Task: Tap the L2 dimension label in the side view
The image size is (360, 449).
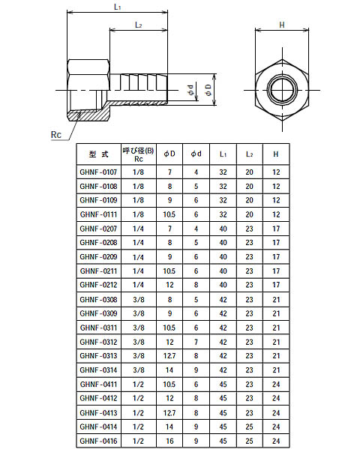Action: pyautogui.click(x=138, y=25)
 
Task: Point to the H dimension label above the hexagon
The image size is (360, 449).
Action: pyautogui.click(x=282, y=25)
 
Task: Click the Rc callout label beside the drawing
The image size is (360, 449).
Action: pyautogui.click(x=55, y=135)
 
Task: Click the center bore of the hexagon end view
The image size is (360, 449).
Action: pyautogui.click(x=282, y=90)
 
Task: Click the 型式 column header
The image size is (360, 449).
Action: pyautogui.click(x=98, y=154)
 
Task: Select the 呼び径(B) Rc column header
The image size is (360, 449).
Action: pyautogui.click(x=138, y=154)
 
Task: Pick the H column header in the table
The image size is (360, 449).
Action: pyautogui.click(x=276, y=154)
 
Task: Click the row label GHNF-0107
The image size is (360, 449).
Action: pyautogui.click(x=98, y=172)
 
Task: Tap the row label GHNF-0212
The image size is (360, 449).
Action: pyautogui.click(x=98, y=285)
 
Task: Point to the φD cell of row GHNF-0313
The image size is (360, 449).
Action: pyautogui.click(x=170, y=355)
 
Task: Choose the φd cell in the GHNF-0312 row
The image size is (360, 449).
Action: pyautogui.click(x=196, y=341)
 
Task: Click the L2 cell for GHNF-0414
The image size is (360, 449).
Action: pyautogui.click(x=250, y=426)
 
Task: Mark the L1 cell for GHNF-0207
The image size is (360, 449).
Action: pyautogui.click(x=223, y=229)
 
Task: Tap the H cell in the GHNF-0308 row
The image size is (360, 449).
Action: pyautogui.click(x=276, y=299)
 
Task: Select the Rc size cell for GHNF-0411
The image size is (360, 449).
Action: pyautogui.click(x=138, y=383)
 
